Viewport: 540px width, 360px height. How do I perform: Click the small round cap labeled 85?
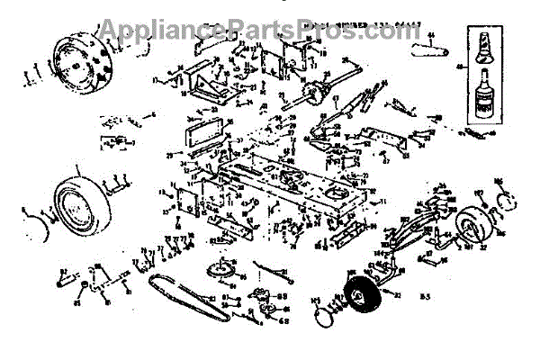[x=84, y=287]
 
